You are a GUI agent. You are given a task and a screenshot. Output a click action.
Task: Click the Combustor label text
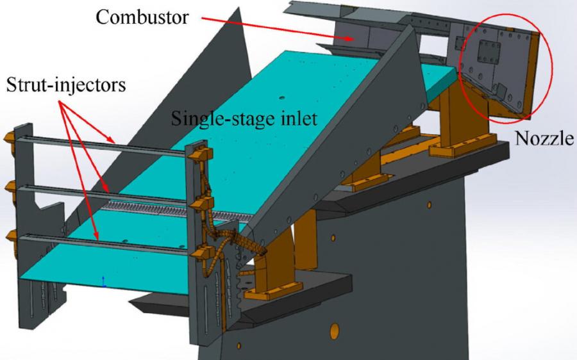(142, 17)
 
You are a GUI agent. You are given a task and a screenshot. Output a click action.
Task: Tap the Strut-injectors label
(66, 85)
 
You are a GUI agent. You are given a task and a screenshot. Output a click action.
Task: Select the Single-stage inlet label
(244, 119)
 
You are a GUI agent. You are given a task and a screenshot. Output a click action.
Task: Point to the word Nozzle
(544, 138)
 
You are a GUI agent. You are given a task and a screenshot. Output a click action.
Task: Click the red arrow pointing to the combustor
(277, 28)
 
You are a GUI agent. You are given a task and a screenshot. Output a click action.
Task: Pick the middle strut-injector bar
(103, 194)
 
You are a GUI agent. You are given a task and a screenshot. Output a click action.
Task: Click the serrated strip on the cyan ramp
(177, 211)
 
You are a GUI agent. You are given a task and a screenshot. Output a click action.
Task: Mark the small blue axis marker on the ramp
(104, 282)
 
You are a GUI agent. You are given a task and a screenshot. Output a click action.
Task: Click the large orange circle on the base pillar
(335, 331)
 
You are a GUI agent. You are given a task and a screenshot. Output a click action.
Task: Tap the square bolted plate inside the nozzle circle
(489, 52)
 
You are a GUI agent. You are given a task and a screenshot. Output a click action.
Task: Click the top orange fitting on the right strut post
(201, 153)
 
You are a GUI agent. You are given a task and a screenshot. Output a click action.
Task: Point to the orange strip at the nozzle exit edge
(531, 74)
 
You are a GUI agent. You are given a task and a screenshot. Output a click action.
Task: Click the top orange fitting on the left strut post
(10, 138)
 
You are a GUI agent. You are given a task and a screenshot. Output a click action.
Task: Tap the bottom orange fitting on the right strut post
(202, 253)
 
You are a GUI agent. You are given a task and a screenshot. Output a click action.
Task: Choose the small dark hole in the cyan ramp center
(282, 98)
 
